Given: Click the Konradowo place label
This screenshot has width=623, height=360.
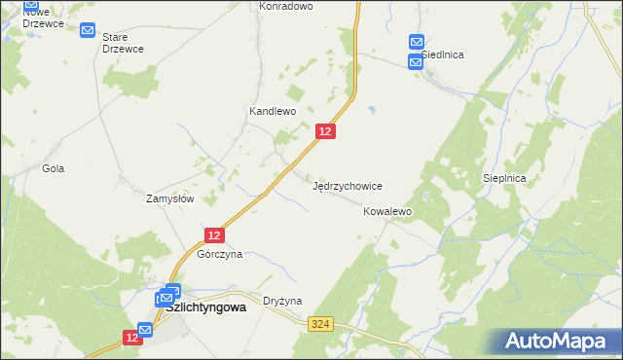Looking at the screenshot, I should pyautogui.click(x=285, y=6).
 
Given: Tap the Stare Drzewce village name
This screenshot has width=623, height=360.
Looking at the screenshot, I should pyautogui.click(x=123, y=43).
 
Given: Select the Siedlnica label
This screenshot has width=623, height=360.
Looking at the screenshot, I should pyautogui.click(x=442, y=55).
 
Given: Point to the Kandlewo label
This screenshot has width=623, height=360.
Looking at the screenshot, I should pyautogui.click(x=272, y=112).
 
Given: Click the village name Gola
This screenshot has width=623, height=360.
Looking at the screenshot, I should pyautogui.click(x=53, y=168).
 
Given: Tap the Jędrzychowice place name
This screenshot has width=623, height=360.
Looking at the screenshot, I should pyautogui.click(x=347, y=186).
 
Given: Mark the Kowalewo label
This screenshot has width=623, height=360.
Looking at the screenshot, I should pyautogui.click(x=388, y=211).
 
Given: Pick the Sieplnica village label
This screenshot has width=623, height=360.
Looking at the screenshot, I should pyautogui.click(x=504, y=179).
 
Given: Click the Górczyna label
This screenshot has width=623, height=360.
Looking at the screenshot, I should pyautogui.click(x=219, y=255).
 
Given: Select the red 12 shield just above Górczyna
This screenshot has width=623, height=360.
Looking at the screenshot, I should pyautogui.click(x=215, y=234).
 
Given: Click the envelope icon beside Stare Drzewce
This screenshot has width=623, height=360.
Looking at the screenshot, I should pyautogui.click(x=89, y=31).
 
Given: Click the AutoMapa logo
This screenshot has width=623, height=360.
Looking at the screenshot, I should pyautogui.click(x=560, y=342).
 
